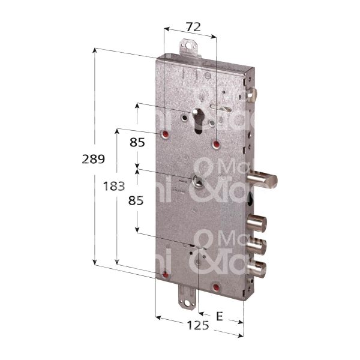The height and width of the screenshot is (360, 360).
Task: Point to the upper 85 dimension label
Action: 137,142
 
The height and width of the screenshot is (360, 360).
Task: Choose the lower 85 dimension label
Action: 137,202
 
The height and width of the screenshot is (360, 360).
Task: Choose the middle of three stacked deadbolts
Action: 259,246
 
